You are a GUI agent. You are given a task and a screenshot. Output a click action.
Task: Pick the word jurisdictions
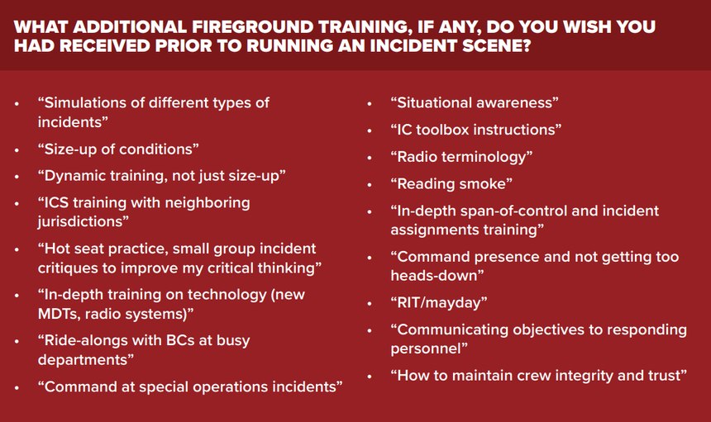(80, 222)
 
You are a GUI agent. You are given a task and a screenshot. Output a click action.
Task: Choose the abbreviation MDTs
(59, 314)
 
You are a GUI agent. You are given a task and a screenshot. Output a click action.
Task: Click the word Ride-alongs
(84, 340)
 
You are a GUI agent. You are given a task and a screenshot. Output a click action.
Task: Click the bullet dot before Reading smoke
(370, 185)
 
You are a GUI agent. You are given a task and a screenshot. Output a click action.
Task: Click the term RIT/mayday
(439, 302)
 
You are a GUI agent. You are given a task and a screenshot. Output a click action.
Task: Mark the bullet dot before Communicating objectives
(370, 330)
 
